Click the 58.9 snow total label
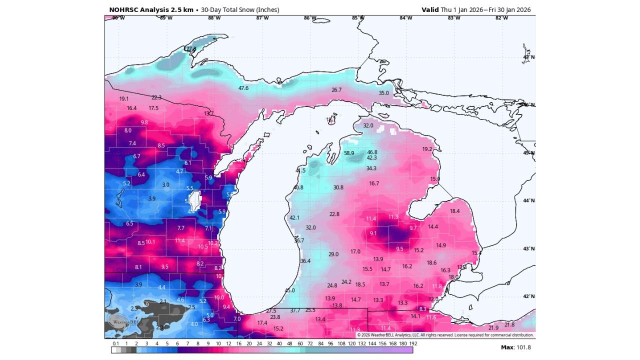(349, 153)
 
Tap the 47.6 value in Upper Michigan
(243, 88)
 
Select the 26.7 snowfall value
(336, 90)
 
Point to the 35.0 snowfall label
(383, 93)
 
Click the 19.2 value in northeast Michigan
(427, 149)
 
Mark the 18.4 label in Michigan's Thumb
(454, 211)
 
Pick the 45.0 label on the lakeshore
(290, 290)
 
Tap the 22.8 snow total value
(334, 214)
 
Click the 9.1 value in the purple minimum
(373, 233)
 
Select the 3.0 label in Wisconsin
(166, 184)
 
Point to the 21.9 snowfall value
(493, 327)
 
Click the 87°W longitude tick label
(262, 18)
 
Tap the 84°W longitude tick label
(405, 18)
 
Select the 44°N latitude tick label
(528, 201)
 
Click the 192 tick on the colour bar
(413, 343)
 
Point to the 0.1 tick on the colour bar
(115, 343)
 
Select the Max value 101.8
(523, 347)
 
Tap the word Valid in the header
(430, 10)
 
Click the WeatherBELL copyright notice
(445, 335)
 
